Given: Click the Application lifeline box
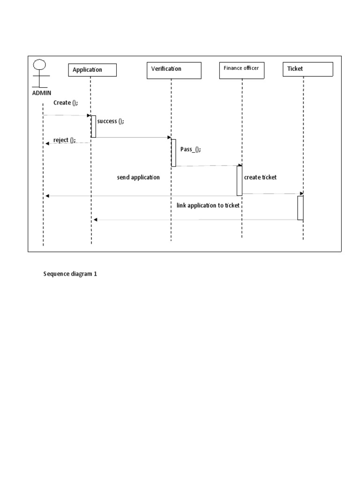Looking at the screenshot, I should (x=92, y=70).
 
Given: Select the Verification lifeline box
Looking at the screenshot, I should (x=173, y=70).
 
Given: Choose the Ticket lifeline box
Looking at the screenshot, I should (x=307, y=69).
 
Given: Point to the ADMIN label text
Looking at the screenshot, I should (x=42, y=93).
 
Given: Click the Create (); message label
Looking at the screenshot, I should (x=62, y=103).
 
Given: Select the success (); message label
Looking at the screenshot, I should (x=111, y=121).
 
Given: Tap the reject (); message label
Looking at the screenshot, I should (x=64, y=140).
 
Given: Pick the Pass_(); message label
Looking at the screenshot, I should (x=190, y=149).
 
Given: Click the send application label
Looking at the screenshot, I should (x=138, y=178).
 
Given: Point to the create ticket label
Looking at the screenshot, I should (x=260, y=177).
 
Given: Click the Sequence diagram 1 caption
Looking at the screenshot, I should (x=70, y=274).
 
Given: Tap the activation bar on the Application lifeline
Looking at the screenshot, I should (x=93, y=127).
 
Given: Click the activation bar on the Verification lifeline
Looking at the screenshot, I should (x=173, y=152).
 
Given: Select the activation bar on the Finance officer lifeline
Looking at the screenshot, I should (x=239, y=180).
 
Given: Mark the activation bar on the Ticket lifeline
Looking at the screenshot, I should (x=300, y=208).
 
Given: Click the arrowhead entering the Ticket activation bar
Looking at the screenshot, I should (x=301, y=194).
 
